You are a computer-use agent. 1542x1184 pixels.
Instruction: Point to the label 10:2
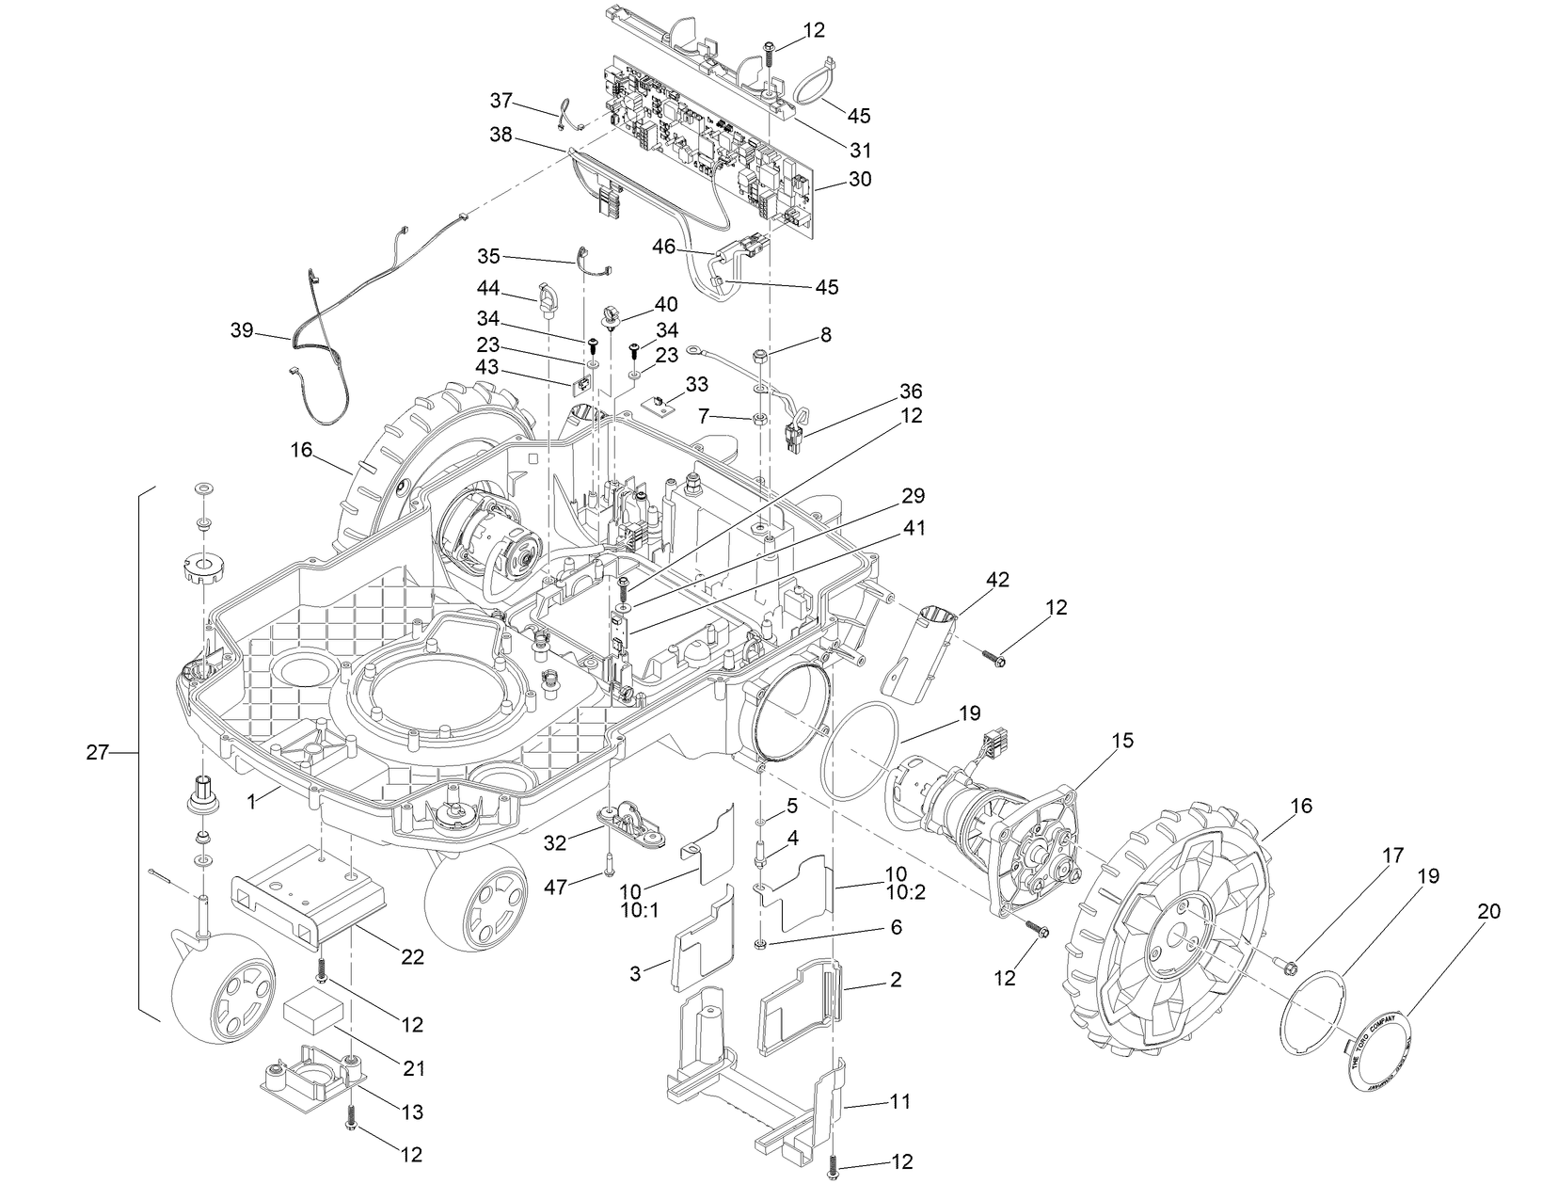(x=905, y=892)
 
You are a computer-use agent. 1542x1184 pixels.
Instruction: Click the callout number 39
(x=243, y=330)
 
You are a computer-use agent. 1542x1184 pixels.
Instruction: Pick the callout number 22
(x=412, y=957)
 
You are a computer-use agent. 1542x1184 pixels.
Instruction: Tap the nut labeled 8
(x=760, y=357)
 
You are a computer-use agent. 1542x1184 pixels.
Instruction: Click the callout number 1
(x=251, y=803)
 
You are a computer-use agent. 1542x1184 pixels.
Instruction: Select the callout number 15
(x=1121, y=741)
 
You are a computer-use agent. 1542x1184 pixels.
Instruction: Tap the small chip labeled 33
(x=661, y=403)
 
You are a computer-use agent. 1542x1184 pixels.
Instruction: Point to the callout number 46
(x=664, y=247)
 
